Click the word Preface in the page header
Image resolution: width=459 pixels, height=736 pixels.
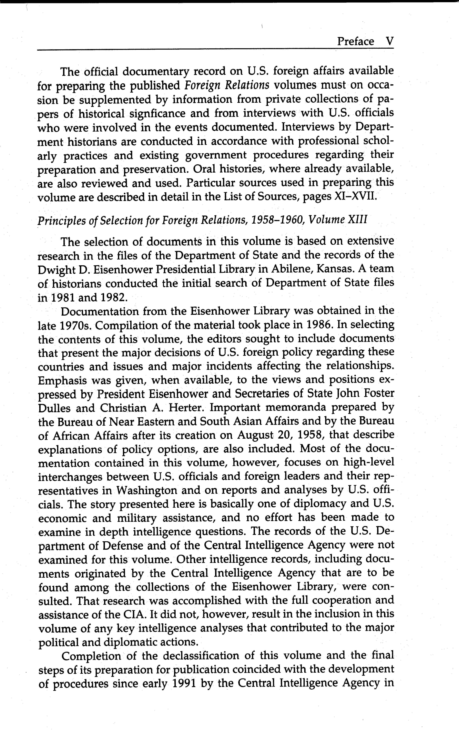(355, 41)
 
